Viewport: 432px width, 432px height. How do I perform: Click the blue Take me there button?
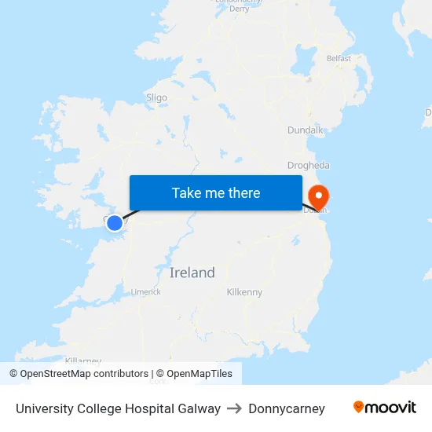coord(216,192)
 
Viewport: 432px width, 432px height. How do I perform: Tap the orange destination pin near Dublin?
coord(320,196)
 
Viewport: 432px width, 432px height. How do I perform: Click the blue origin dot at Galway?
coord(115,223)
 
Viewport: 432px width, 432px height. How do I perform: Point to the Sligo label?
coord(156,98)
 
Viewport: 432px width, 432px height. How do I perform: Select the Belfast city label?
coord(339,58)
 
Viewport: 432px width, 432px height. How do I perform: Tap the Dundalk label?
coord(305,130)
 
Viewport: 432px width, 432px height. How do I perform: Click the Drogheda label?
coord(309,166)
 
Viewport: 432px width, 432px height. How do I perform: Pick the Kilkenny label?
coord(244,292)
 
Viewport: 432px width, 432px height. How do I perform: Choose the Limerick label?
coord(146,291)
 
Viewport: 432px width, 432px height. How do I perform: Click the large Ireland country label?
coord(192,273)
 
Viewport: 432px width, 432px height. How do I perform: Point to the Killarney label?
coord(82,361)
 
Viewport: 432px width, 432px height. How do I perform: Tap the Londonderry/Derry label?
coord(233,5)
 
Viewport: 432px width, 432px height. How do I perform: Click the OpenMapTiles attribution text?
coord(199,374)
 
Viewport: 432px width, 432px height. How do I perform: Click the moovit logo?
coord(385,407)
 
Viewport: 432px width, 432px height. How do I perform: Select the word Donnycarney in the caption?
coord(287,408)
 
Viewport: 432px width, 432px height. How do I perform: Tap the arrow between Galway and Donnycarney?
coord(235,408)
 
